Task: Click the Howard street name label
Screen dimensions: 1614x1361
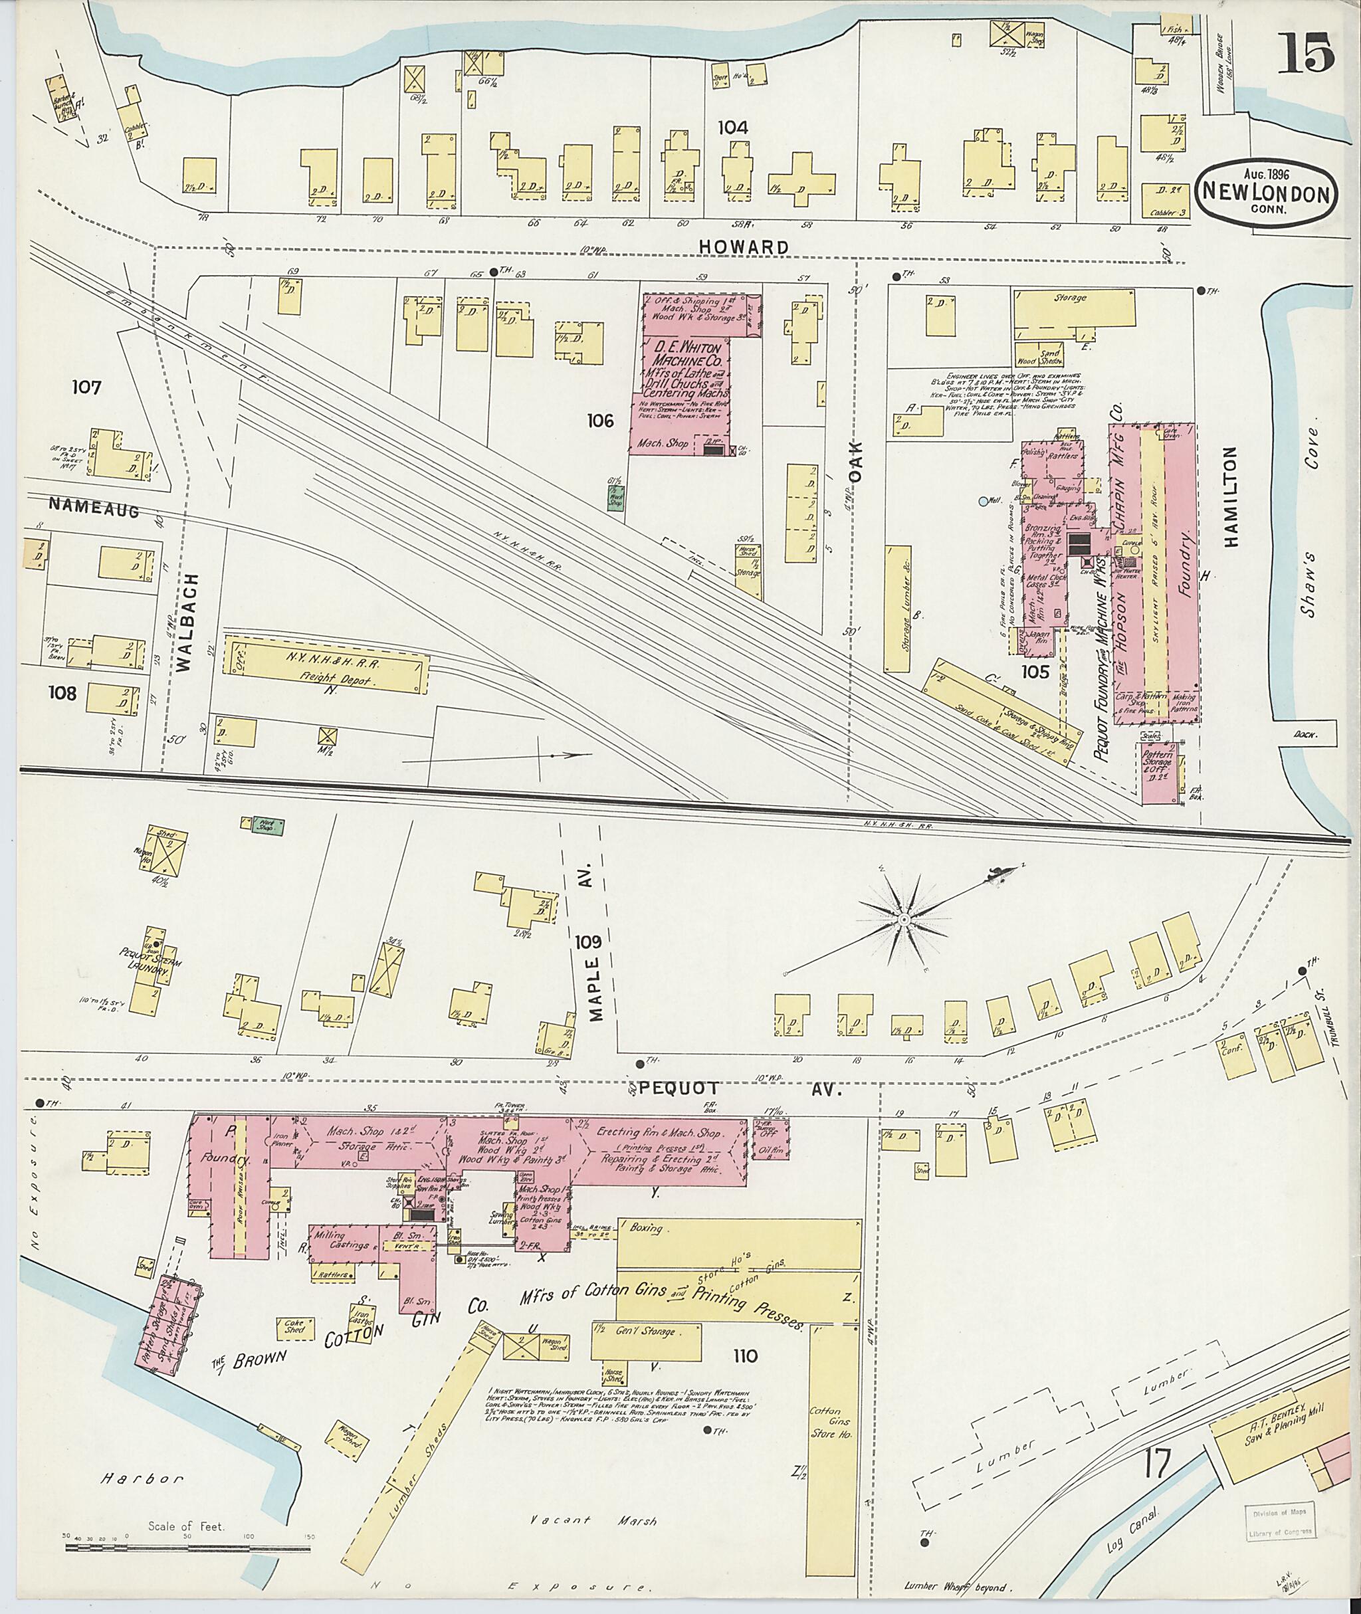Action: pyautogui.click(x=744, y=247)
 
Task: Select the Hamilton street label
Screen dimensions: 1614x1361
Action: pyautogui.click(x=1229, y=496)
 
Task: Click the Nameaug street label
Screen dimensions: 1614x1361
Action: pyautogui.click(x=93, y=506)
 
